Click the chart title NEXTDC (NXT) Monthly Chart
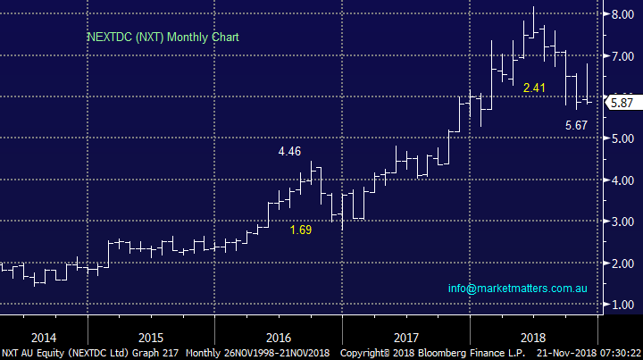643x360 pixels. [x=163, y=38]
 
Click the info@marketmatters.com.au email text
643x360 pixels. [x=517, y=289]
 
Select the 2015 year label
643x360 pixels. [x=151, y=338]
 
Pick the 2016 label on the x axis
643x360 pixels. [x=279, y=338]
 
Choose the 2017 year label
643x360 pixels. [x=406, y=338]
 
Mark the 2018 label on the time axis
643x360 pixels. [x=534, y=338]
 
